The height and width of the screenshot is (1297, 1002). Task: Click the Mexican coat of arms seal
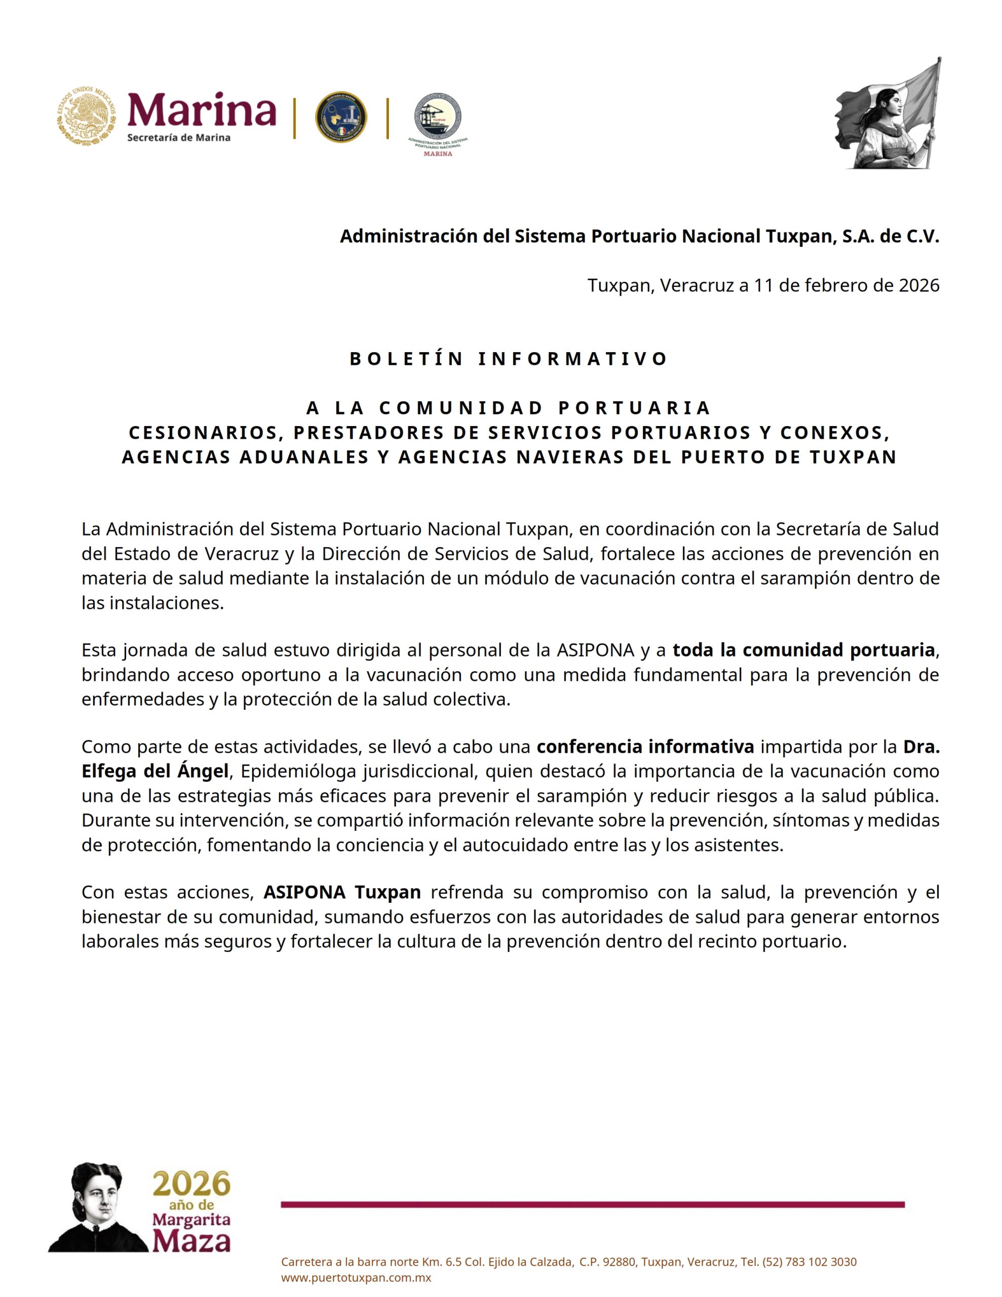click(87, 117)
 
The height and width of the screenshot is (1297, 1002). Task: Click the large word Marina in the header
click(202, 111)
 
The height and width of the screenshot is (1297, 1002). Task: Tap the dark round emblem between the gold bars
click(340, 118)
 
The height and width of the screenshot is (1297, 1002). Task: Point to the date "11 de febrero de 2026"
click(846, 286)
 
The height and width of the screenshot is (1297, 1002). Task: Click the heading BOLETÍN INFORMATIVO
click(509, 359)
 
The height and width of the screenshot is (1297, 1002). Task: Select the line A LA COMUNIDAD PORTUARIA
click(509, 408)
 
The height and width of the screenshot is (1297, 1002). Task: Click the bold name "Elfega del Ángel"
click(155, 772)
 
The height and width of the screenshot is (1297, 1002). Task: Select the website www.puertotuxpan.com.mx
click(356, 1278)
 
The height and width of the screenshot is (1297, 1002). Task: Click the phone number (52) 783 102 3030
click(809, 1262)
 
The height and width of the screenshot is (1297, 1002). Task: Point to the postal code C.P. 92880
click(606, 1262)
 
